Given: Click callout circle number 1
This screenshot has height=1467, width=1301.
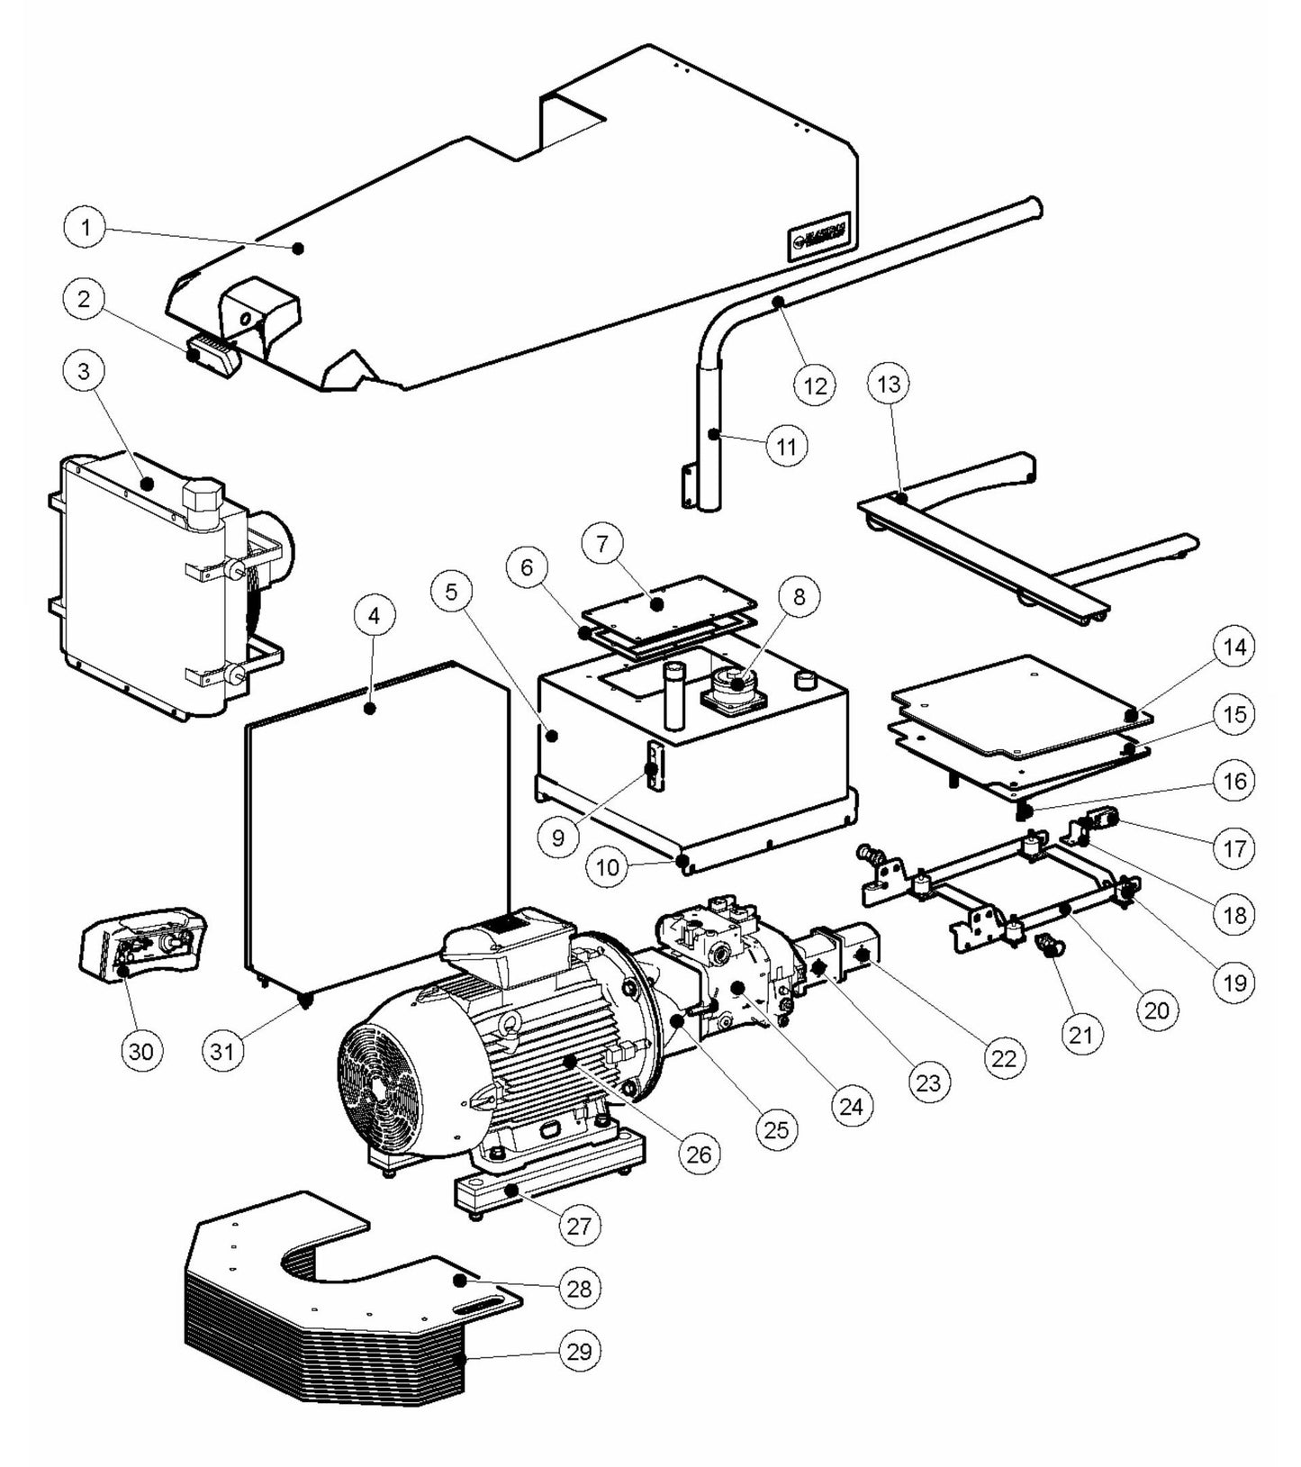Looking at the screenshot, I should click(86, 227).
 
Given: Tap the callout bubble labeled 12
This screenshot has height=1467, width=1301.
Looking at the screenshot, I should click(814, 385).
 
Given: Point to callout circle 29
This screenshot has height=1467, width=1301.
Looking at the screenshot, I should click(580, 1351).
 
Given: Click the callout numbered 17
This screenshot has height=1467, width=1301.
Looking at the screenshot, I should click(1234, 847).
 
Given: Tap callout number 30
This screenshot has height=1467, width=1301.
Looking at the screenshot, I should click(141, 1051).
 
